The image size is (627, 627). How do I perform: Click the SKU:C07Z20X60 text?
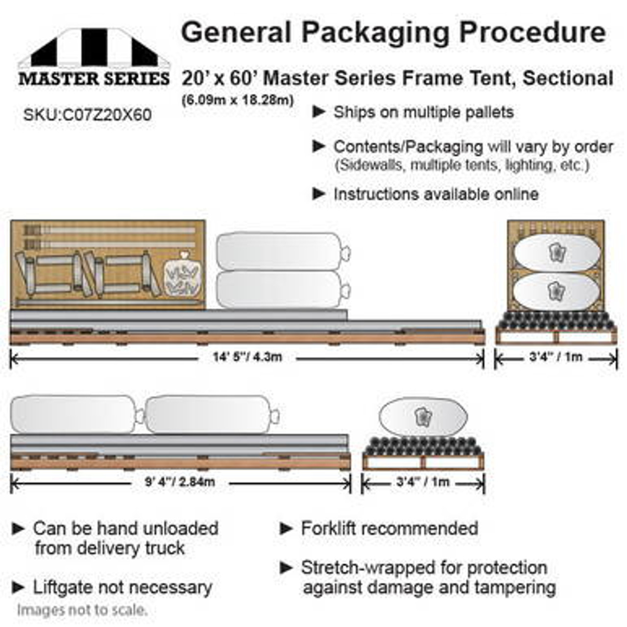(x=88, y=115)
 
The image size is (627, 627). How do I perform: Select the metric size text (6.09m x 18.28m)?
(x=238, y=99)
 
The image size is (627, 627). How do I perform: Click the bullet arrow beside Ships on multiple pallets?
(x=318, y=112)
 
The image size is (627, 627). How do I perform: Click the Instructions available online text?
(x=436, y=194)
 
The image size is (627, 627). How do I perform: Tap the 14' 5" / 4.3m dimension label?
(x=247, y=357)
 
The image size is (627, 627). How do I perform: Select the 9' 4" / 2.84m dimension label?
(x=180, y=482)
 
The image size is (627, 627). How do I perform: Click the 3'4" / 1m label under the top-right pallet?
(x=555, y=357)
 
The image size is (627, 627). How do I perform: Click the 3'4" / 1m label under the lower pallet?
(x=423, y=482)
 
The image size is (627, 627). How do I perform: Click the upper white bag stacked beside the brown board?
(x=283, y=251)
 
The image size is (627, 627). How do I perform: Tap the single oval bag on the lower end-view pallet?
(x=423, y=417)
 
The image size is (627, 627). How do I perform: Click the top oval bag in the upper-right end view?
(x=557, y=252)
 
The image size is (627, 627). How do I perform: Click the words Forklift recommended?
(x=389, y=529)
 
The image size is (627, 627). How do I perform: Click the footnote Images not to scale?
(x=82, y=610)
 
